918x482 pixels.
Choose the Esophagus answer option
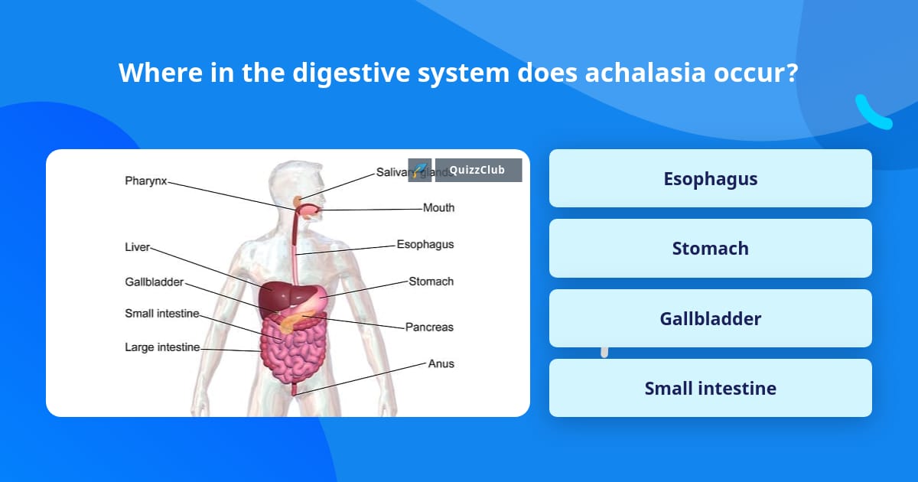(710, 179)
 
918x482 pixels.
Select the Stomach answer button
(710, 249)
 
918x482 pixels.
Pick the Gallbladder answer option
(710, 318)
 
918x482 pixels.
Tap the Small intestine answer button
(710, 389)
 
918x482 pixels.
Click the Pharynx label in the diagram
(145, 181)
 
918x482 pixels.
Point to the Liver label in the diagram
(137, 247)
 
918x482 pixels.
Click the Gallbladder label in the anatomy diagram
(154, 282)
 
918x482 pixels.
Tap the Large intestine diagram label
(162, 347)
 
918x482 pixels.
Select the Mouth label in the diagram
(438, 207)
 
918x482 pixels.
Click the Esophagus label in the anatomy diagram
(425, 245)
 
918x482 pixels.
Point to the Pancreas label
(429, 327)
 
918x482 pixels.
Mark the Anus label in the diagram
(441, 364)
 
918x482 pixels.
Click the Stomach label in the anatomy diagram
(431, 282)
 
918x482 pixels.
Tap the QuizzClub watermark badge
(477, 170)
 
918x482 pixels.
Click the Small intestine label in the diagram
(161, 314)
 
